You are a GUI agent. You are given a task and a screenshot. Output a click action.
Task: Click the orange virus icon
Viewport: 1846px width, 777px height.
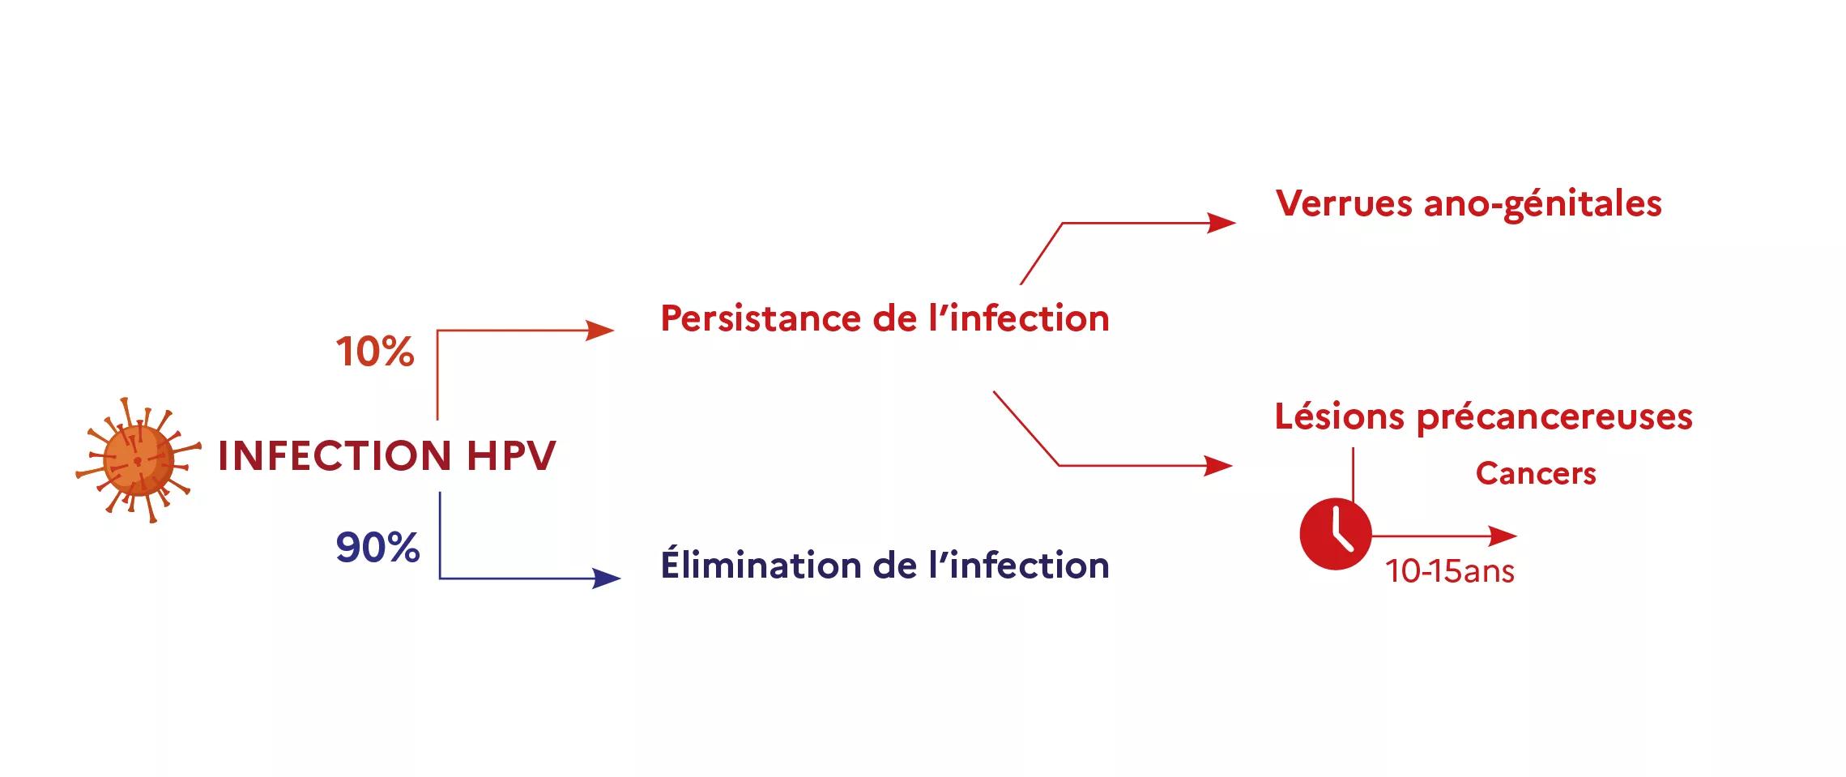(138, 460)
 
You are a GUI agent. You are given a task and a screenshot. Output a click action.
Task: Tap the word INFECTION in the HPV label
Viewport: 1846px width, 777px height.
(335, 455)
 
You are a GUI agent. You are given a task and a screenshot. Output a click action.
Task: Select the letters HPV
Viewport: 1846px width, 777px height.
(511, 455)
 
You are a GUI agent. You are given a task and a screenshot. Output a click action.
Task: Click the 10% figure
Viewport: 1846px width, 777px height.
(375, 352)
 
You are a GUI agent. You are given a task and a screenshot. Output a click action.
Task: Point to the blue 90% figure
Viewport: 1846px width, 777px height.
(377, 548)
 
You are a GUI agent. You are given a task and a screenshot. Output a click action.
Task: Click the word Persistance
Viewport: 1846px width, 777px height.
(761, 318)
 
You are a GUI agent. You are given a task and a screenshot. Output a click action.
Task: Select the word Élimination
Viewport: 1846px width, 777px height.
(761, 565)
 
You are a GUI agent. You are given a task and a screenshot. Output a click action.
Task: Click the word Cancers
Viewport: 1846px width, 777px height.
(1536, 474)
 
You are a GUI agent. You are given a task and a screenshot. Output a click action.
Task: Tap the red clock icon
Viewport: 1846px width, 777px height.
(1335, 535)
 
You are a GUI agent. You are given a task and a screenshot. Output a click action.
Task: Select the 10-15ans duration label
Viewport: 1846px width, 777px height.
(1450, 572)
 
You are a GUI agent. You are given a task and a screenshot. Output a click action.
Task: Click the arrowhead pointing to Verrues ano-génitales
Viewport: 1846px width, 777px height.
(1221, 223)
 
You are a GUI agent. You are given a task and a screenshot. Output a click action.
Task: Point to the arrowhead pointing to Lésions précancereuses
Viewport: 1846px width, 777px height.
(1218, 466)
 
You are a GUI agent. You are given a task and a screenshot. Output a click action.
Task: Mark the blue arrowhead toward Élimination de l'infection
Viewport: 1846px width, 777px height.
(606, 578)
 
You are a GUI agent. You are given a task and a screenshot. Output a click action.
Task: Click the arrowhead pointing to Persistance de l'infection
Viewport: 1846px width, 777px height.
(600, 331)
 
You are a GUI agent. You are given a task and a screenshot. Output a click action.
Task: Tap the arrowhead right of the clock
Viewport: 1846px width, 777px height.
(1503, 536)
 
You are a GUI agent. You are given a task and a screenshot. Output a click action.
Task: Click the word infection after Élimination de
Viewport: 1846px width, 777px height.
(1029, 565)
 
